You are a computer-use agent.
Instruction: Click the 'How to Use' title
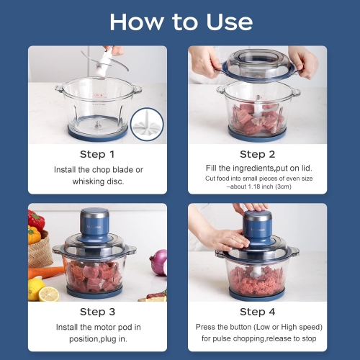pyautogui.click(x=180, y=22)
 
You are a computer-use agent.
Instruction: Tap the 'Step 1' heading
pyautogui.click(x=96, y=154)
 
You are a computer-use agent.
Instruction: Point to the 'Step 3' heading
pyautogui.click(x=96, y=312)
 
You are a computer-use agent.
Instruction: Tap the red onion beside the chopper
pyautogui.click(x=159, y=262)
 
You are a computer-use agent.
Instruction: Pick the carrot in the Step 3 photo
pyautogui.click(x=45, y=272)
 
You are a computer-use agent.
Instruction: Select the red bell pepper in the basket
pyautogui.click(x=36, y=220)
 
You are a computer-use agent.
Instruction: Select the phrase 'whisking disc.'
pyautogui.click(x=96, y=181)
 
